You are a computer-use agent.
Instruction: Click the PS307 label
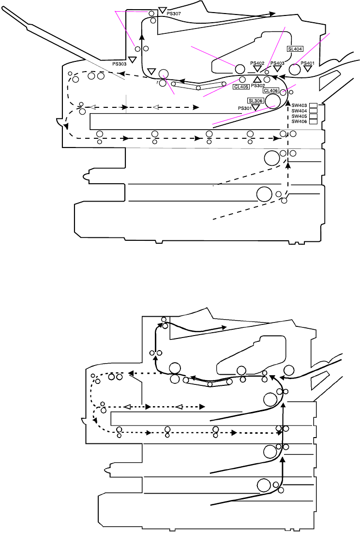click(x=174, y=14)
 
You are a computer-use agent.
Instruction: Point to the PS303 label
click(x=120, y=63)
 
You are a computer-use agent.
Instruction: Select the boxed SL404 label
click(x=295, y=49)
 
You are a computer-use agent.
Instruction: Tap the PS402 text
click(x=257, y=63)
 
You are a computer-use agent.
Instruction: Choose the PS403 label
click(x=277, y=63)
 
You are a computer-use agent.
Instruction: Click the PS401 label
click(x=307, y=63)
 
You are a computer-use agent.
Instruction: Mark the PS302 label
click(x=258, y=86)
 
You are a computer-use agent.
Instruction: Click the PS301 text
click(x=245, y=108)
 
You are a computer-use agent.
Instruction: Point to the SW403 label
click(x=300, y=105)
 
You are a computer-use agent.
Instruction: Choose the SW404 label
click(x=300, y=111)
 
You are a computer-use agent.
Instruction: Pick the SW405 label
click(x=300, y=116)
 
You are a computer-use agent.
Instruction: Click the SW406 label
click(x=300, y=121)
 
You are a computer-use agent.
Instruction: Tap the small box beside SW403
click(x=313, y=105)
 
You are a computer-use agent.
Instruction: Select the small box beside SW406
click(x=313, y=121)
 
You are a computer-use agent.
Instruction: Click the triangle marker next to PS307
click(x=163, y=10)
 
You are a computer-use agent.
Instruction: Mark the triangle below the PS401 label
click(x=307, y=69)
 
